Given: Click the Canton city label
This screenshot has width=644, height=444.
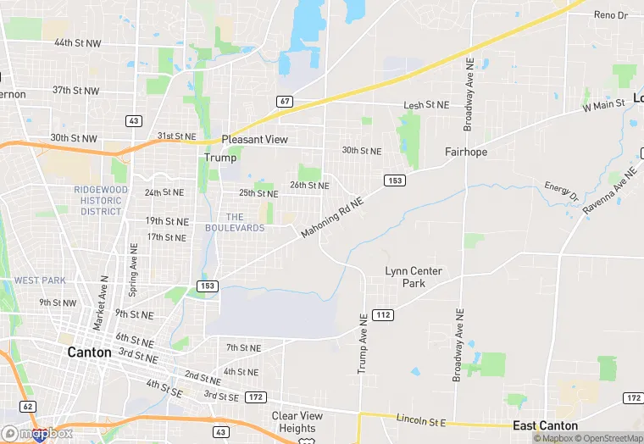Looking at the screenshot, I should click(89, 352).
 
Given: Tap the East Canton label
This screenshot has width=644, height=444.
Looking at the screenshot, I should click(546, 426).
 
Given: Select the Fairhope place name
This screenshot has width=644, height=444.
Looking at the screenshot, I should click(466, 153).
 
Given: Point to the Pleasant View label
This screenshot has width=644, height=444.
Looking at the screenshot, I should click(254, 140).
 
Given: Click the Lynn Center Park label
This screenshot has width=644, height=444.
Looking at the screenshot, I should click(414, 277).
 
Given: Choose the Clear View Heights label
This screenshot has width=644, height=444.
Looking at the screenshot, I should click(297, 422).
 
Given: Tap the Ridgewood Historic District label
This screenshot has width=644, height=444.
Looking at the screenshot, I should click(101, 200).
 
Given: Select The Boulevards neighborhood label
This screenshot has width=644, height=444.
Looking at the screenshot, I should click(235, 222).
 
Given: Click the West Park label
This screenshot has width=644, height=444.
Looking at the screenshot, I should click(40, 280).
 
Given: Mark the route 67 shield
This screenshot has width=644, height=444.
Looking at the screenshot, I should click(285, 102).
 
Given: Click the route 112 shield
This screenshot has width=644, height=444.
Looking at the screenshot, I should click(383, 315).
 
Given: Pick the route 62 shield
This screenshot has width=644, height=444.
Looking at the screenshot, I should click(29, 407).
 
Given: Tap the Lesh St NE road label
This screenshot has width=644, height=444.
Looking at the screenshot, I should click(425, 105).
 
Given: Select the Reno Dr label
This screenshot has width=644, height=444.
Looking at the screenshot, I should click(611, 15).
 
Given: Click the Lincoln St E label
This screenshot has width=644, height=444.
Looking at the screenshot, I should click(421, 419).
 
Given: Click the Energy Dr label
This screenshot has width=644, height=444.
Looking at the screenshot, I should click(560, 192).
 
